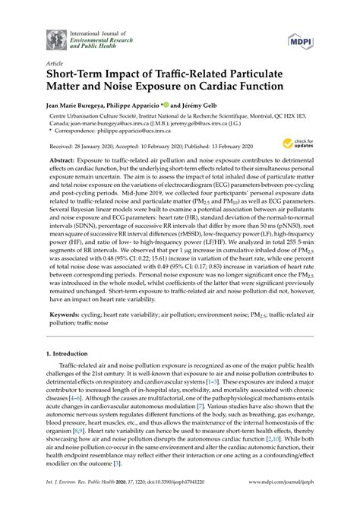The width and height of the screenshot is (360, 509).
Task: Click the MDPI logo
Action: pos(298,40)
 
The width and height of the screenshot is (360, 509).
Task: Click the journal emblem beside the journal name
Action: pos(55,40)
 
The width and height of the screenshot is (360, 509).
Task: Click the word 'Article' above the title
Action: pos(54,65)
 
